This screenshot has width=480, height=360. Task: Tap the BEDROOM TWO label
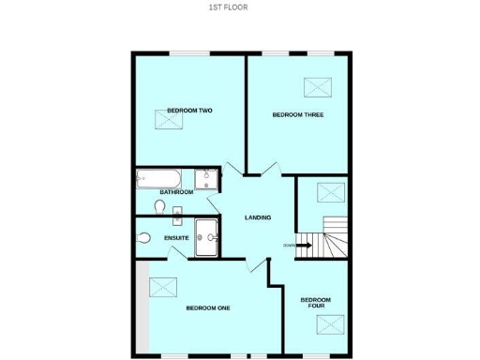point(189,111)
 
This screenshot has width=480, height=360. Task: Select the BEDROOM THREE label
point(297,115)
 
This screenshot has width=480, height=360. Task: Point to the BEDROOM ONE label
point(208,307)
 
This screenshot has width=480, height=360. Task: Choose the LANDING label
point(258,217)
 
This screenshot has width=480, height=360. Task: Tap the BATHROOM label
point(176,192)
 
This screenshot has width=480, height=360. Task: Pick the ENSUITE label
point(176,238)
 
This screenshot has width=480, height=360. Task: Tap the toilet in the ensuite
point(142,239)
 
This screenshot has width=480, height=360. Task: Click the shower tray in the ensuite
point(206,236)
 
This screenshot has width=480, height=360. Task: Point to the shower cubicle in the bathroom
point(206,179)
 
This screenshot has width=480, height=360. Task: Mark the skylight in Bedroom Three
point(320,87)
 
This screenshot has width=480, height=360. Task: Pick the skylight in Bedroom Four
point(330,323)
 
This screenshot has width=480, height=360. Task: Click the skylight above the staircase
point(330,193)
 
